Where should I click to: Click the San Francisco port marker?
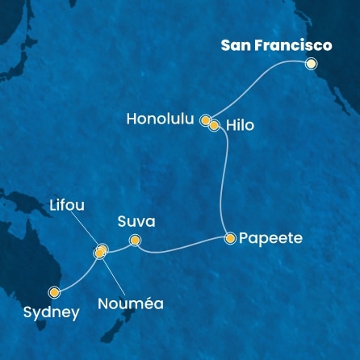(x=311, y=64)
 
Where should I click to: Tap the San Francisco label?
(x=276, y=46)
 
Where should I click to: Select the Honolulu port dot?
(x=207, y=119)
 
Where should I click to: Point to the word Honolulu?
(x=161, y=119)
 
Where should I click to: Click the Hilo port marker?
(x=214, y=125)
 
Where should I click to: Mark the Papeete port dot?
(x=231, y=238)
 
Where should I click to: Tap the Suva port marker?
(x=135, y=239)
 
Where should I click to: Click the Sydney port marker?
(x=55, y=292)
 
